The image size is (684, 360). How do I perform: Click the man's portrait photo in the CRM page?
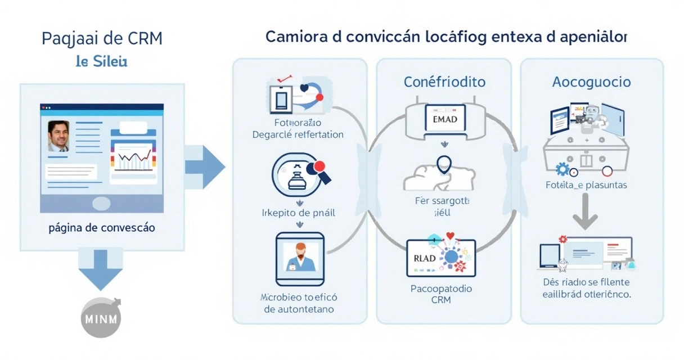click(x=58, y=136)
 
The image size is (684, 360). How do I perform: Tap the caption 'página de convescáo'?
click(x=102, y=228)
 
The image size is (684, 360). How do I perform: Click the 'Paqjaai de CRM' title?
click(x=102, y=39)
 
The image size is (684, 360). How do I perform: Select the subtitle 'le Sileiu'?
click(x=101, y=61)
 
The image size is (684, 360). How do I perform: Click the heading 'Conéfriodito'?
click(x=444, y=82)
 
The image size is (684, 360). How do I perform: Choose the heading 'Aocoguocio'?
click(x=591, y=82)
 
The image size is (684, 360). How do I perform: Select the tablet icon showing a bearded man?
click(x=300, y=259)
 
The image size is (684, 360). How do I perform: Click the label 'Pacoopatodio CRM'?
click(x=441, y=294)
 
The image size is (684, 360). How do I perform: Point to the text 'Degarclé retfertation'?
click(x=298, y=134)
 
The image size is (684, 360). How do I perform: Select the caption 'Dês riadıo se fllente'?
click(x=586, y=282)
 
